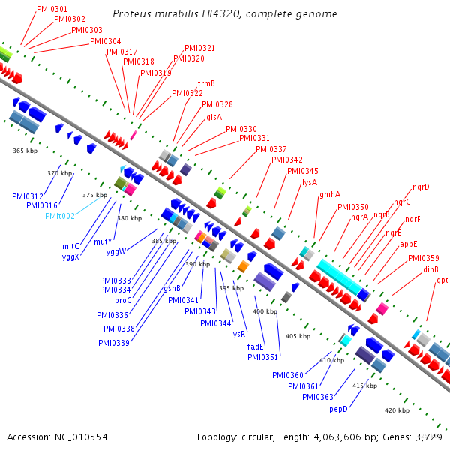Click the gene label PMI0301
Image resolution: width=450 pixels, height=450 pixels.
click(52, 9)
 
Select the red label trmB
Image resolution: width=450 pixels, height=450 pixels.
click(206, 83)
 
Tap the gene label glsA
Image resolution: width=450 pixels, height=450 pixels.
click(214, 116)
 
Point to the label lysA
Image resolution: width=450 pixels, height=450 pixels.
click(310, 182)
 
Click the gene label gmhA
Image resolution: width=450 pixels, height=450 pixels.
click(330, 194)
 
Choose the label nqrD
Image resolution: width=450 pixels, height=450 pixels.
click(421, 187)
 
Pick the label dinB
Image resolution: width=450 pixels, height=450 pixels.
click(430, 269)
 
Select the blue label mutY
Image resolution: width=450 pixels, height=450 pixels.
click(103, 241)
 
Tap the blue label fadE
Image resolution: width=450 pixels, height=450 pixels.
click(256, 346)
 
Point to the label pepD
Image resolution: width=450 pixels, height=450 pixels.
click(339, 409)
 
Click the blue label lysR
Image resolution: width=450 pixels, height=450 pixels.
click(239, 334)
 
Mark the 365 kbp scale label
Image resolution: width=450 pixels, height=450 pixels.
click(25, 151)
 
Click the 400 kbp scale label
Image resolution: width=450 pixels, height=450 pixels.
click(265, 311)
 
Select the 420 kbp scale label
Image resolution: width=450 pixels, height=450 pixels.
click(397, 410)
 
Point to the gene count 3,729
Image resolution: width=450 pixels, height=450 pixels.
click(427, 436)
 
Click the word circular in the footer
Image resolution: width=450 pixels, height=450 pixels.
click(265, 436)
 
